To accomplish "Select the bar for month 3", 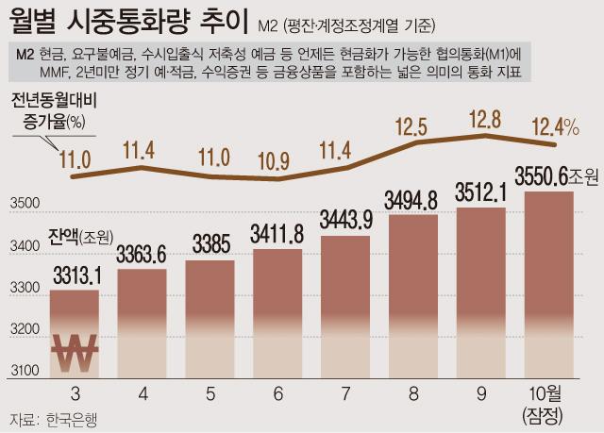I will coord(74,330).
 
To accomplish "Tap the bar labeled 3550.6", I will coord(548,283).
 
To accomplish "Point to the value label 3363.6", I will coord(142,256).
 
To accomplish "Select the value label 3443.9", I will coord(345,220).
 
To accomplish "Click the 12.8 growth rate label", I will coord(483,121).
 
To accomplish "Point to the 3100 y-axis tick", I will coord(25,369).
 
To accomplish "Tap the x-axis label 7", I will coord(345,390).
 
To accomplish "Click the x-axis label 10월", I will coord(548,391).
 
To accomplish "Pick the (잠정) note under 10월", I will coord(548,413).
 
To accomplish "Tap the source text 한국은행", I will coord(71,419).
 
